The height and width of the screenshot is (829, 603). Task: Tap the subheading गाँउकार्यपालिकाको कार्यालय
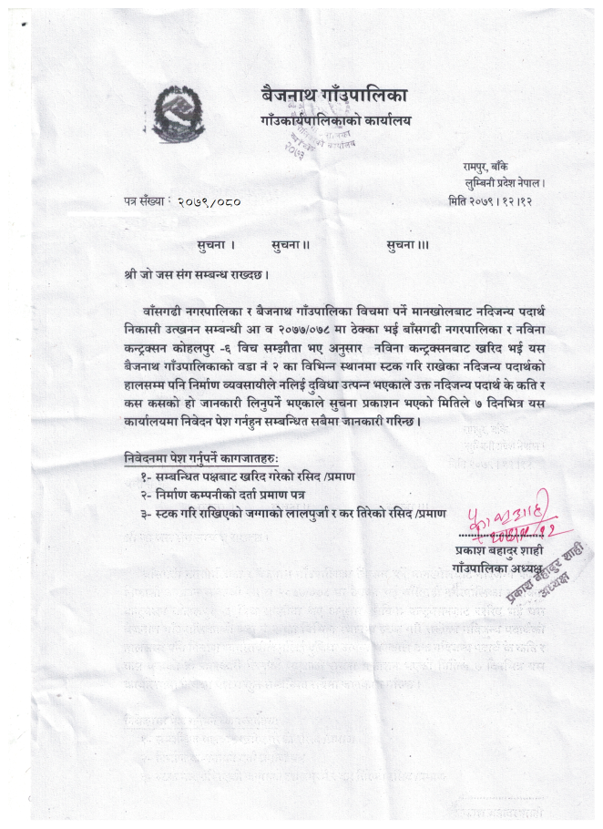334,120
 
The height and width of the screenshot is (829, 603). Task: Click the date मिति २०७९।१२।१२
492,200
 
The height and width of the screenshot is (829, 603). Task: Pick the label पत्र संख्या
148,200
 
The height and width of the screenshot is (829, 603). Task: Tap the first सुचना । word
216,244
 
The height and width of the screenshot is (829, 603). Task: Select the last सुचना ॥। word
407,244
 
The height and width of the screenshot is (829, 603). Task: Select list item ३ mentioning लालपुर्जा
291,513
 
